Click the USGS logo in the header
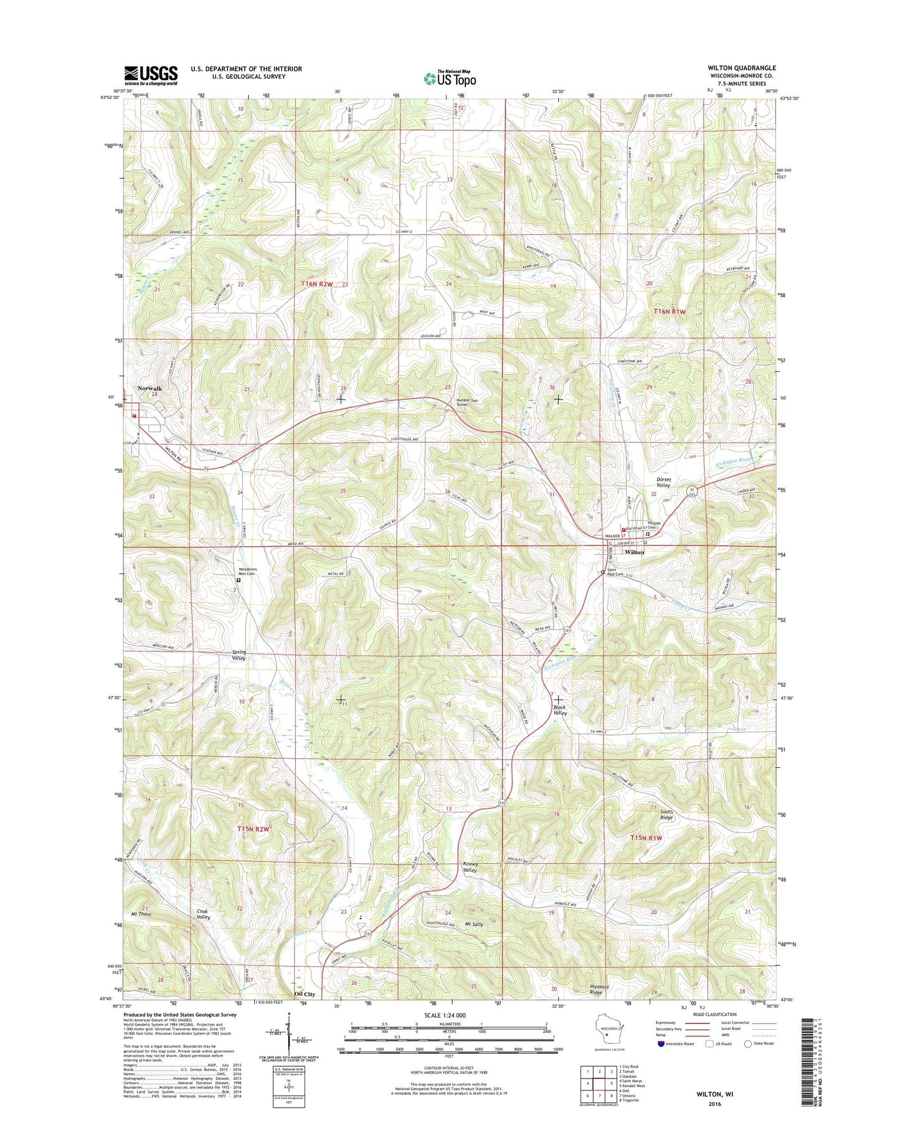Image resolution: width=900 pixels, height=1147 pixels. [x=151, y=75]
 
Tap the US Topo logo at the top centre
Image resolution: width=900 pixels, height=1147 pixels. [x=450, y=78]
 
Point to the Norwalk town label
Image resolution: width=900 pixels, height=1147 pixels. [x=149, y=389]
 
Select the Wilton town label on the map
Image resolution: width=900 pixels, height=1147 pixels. [x=634, y=552]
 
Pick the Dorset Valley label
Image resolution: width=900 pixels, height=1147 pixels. [x=664, y=482]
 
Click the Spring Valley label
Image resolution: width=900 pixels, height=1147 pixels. [x=239, y=655]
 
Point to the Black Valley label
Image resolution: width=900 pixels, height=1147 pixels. [x=560, y=710]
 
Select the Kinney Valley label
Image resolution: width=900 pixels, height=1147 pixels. [x=470, y=867]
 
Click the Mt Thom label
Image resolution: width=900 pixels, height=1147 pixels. [x=141, y=914]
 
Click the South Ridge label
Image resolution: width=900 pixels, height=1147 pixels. [x=666, y=814]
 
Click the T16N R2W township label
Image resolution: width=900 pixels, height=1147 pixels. [x=317, y=284]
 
